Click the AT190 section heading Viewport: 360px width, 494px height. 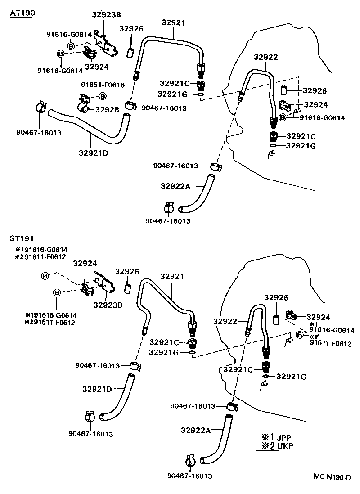pyautogui.click(x=22, y=13)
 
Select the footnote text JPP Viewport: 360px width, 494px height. pyautogui.click(x=285, y=437)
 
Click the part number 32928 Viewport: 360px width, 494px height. pyautogui.click(x=106, y=109)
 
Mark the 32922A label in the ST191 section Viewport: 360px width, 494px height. pyautogui.click(x=196, y=430)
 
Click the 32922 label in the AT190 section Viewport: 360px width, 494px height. pyautogui.click(x=265, y=57)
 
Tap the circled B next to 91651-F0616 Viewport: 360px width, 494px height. pyautogui.click(x=103, y=95)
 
